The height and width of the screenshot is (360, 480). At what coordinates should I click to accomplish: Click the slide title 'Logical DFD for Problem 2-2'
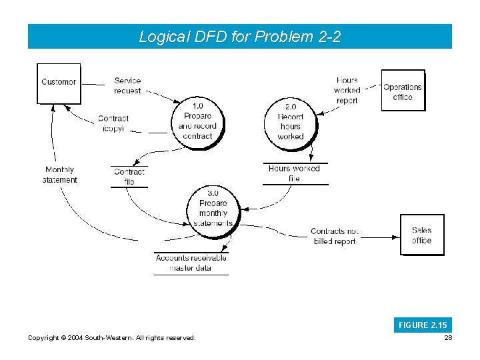click(239, 37)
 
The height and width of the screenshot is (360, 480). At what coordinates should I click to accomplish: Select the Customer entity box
click(59, 83)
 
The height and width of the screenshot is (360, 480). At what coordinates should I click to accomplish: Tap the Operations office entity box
click(403, 91)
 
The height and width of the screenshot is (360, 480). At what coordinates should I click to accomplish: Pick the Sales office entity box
click(421, 235)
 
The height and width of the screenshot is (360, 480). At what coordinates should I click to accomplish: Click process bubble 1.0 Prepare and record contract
click(197, 121)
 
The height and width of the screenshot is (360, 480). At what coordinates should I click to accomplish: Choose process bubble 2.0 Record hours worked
click(290, 121)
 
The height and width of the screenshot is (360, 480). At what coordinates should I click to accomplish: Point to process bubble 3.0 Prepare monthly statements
click(213, 208)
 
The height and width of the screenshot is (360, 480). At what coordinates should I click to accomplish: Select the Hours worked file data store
click(294, 173)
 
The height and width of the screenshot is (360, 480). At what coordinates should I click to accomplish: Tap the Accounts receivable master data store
click(191, 263)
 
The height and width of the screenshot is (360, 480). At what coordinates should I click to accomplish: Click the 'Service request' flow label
click(127, 86)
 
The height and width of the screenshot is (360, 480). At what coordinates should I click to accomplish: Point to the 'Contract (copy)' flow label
click(113, 123)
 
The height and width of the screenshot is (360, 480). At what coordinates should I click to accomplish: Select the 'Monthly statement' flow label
click(60, 175)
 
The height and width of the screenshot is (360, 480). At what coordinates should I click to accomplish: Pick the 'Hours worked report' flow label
click(347, 91)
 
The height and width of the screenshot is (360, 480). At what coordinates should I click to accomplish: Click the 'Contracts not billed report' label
click(335, 237)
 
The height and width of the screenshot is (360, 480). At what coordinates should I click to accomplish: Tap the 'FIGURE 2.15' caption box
click(423, 325)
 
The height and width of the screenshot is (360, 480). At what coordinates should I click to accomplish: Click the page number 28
click(447, 339)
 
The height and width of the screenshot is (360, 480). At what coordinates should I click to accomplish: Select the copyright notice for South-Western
click(112, 339)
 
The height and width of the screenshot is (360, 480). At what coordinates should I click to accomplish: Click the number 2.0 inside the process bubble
click(291, 107)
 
